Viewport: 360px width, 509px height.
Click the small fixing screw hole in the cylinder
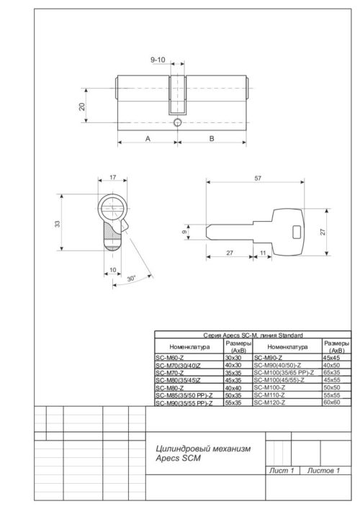pyautogui.click(x=177, y=124)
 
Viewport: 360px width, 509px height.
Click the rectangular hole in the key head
pyautogui.click(x=294, y=230)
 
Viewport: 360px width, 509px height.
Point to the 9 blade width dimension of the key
pyautogui.click(x=185, y=233)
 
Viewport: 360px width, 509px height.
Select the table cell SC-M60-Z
pyautogui.click(x=170, y=357)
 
